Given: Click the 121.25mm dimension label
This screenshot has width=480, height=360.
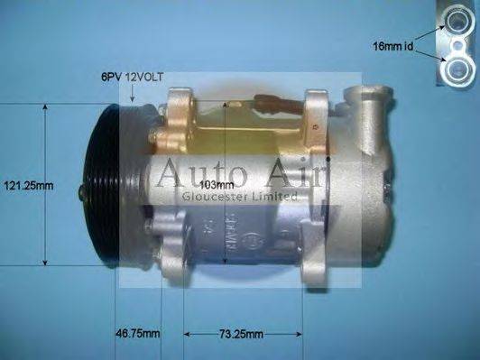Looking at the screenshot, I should click(27, 186).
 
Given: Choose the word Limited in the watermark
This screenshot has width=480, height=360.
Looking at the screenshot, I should click(276, 196).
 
